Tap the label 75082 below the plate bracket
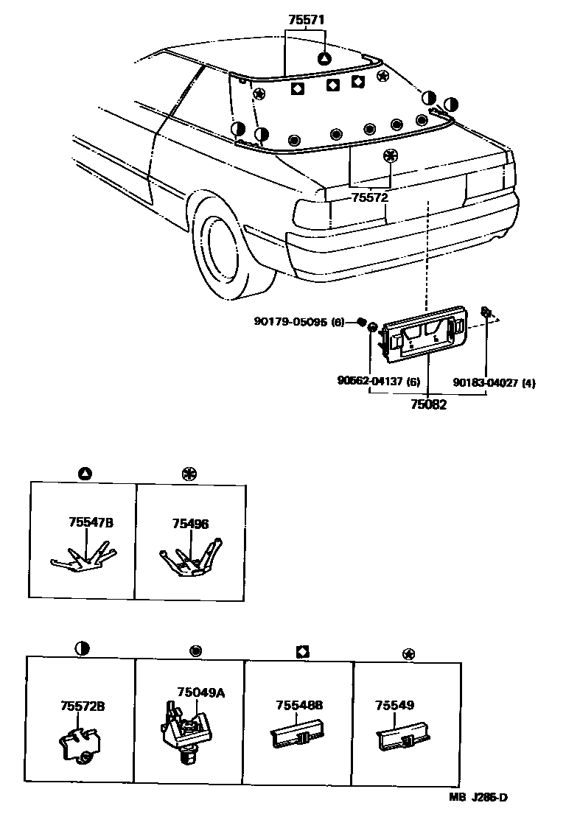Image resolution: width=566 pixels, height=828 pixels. [428, 404]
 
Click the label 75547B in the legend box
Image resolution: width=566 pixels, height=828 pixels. [91, 522]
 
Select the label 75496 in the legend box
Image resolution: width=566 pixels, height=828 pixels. [190, 524]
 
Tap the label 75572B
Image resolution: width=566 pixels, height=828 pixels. [83, 706]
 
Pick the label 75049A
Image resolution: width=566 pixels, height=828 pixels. [200, 692]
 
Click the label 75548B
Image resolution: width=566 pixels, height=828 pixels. [299, 705]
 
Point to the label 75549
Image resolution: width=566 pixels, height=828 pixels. [391, 705]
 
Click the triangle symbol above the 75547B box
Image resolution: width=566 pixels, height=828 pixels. [84, 472]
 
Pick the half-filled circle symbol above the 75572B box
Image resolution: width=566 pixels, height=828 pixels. [82, 648]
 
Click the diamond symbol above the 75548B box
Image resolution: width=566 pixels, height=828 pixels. [302, 651]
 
